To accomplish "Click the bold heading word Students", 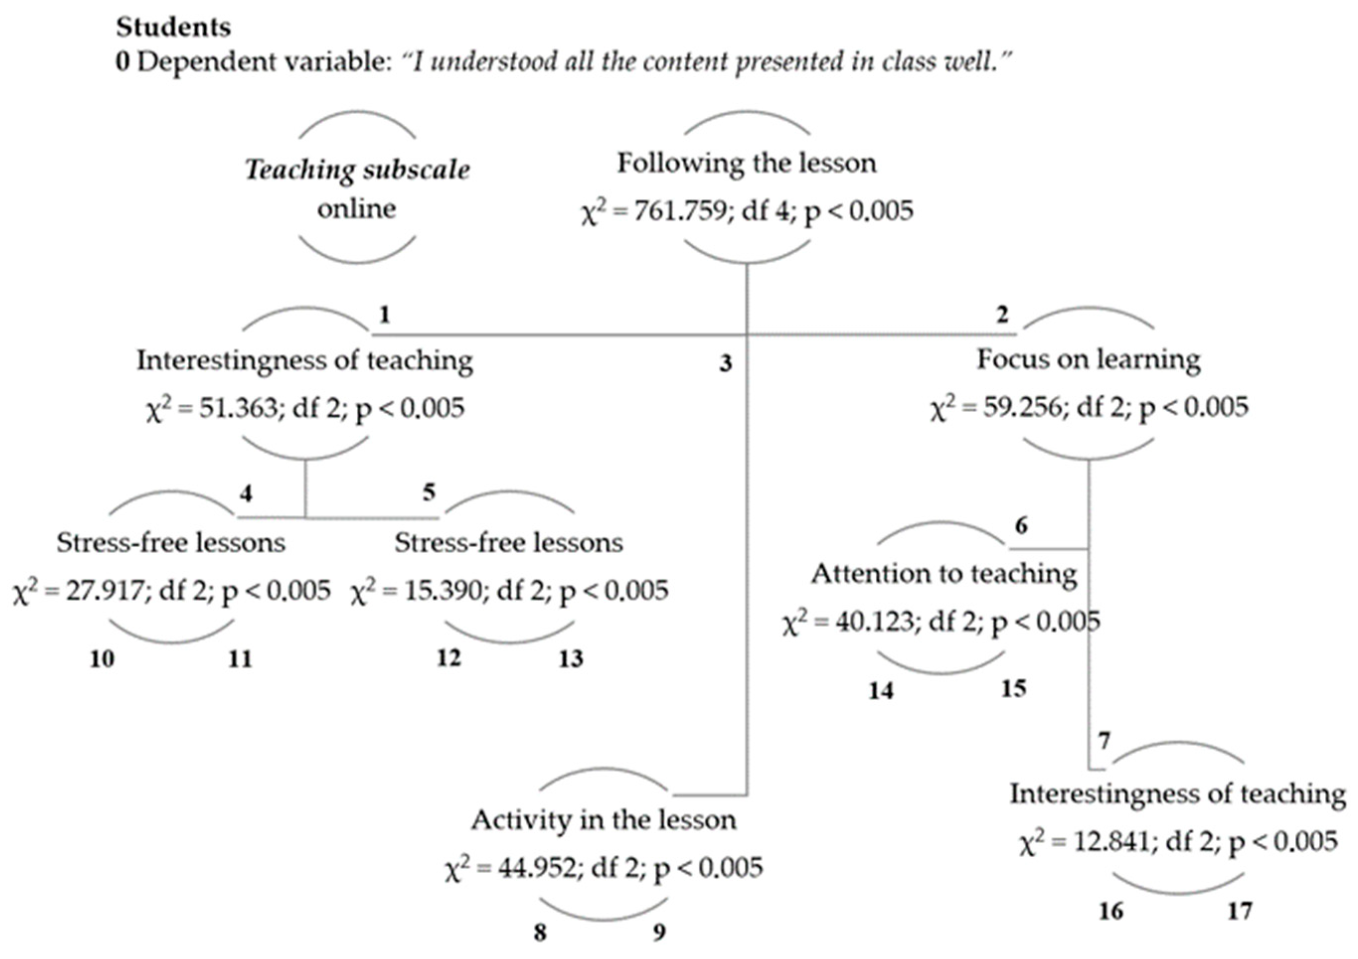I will [x=173, y=27].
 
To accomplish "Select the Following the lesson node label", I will [x=746, y=163].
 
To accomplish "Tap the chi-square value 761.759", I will [x=680, y=211].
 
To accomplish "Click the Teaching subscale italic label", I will [x=357, y=170].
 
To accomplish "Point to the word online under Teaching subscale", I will [x=356, y=209].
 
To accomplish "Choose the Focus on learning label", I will [x=1088, y=360].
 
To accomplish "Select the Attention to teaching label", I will [x=944, y=574].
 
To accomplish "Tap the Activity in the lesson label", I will [x=603, y=820].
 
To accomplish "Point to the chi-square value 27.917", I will [x=105, y=590].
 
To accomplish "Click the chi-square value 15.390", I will [x=443, y=590].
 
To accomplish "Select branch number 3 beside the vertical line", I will [x=726, y=363].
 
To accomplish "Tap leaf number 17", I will [x=1240, y=911].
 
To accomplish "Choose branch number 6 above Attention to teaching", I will [x=1022, y=525].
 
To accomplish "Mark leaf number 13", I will [x=571, y=659].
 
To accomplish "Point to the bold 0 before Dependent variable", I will [x=122, y=62].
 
